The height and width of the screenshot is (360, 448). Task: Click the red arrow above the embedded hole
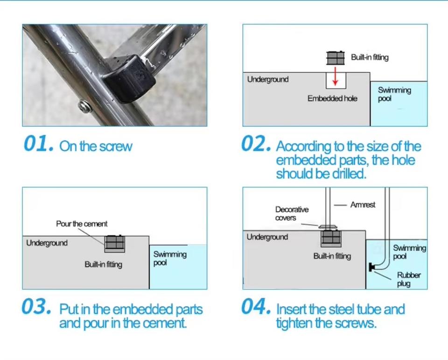click(x=336, y=76)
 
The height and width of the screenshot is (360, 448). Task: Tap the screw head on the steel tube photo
click(x=85, y=107)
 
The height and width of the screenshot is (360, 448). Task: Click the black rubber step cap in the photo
click(x=129, y=78)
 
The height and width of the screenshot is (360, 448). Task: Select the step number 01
click(x=39, y=144)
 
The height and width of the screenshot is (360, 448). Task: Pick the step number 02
click(x=256, y=144)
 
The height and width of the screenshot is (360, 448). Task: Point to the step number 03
click(x=36, y=306)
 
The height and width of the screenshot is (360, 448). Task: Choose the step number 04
click(x=256, y=306)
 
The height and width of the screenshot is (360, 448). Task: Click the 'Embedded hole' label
click(x=332, y=98)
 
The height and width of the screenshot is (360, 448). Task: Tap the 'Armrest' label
click(x=363, y=205)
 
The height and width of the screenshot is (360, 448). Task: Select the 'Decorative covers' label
click(x=292, y=214)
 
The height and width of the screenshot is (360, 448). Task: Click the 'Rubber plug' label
click(x=409, y=279)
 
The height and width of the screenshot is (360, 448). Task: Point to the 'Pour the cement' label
click(x=82, y=223)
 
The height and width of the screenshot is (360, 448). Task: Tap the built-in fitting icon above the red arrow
click(x=336, y=58)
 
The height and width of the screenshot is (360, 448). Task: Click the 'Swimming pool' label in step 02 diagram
click(x=394, y=94)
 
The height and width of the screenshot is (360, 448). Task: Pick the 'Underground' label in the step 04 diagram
click(x=267, y=237)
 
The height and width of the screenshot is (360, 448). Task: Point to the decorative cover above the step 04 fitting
click(x=329, y=227)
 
